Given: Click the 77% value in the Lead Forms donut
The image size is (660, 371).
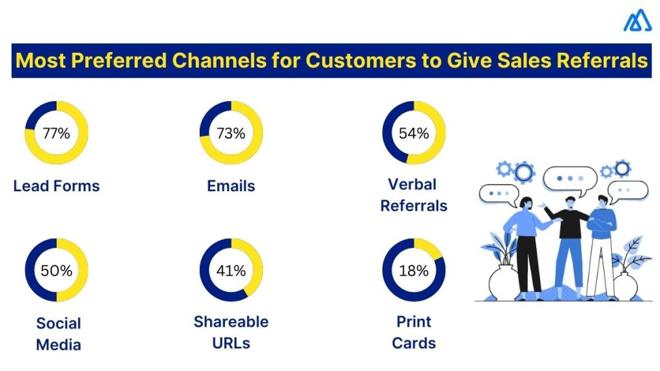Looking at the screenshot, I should point(56,134).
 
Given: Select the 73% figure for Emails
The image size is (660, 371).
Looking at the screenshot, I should point(231,134).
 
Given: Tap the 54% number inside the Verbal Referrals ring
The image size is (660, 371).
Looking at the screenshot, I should point(414,134).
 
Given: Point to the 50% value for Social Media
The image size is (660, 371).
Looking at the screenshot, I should point(56,271).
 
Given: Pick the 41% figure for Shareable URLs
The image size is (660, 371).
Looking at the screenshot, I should point(231,271).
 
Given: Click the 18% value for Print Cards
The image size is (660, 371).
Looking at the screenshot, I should point(414,271).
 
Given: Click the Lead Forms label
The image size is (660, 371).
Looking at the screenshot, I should point(56,186).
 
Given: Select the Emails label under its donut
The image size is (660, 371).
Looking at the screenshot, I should point(231,186).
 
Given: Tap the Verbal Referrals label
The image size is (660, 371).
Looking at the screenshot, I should point(414,195).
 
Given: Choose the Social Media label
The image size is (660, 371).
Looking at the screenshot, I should point(58,334).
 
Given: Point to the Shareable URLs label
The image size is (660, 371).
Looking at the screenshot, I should point(231,332).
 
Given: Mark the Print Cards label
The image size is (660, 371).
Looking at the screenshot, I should point(414,332).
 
